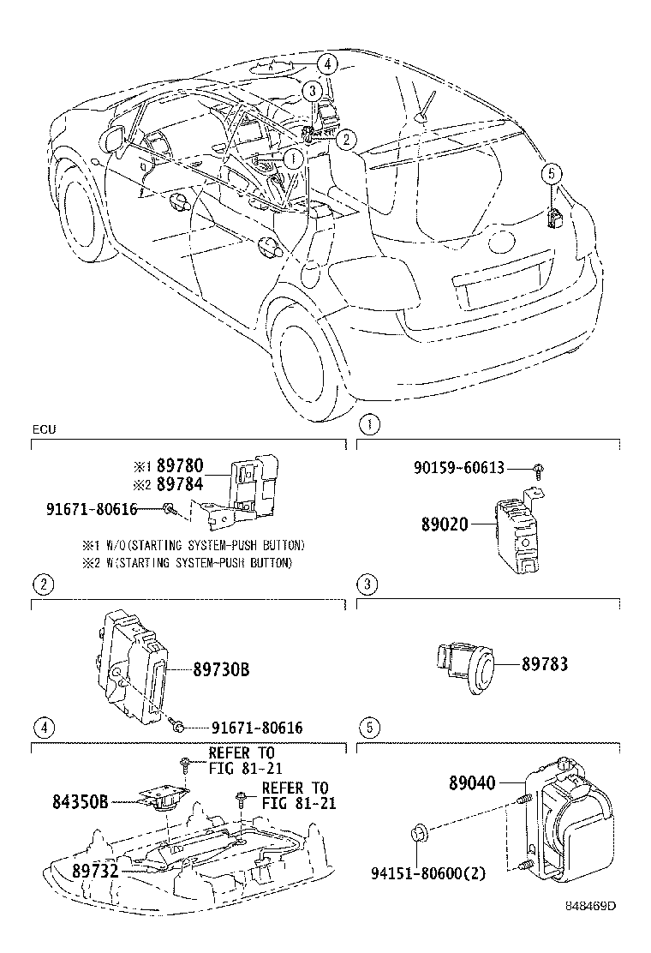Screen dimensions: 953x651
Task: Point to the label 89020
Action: (x=444, y=523)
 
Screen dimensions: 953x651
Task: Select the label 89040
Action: (x=474, y=782)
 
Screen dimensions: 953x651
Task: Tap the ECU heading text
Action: (x=43, y=429)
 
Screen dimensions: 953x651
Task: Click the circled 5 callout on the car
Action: (x=552, y=173)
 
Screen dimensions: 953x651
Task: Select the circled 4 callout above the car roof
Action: (x=325, y=63)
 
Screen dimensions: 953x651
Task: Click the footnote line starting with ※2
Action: (x=187, y=562)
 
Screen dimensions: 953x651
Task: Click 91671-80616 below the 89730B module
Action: (x=256, y=728)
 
